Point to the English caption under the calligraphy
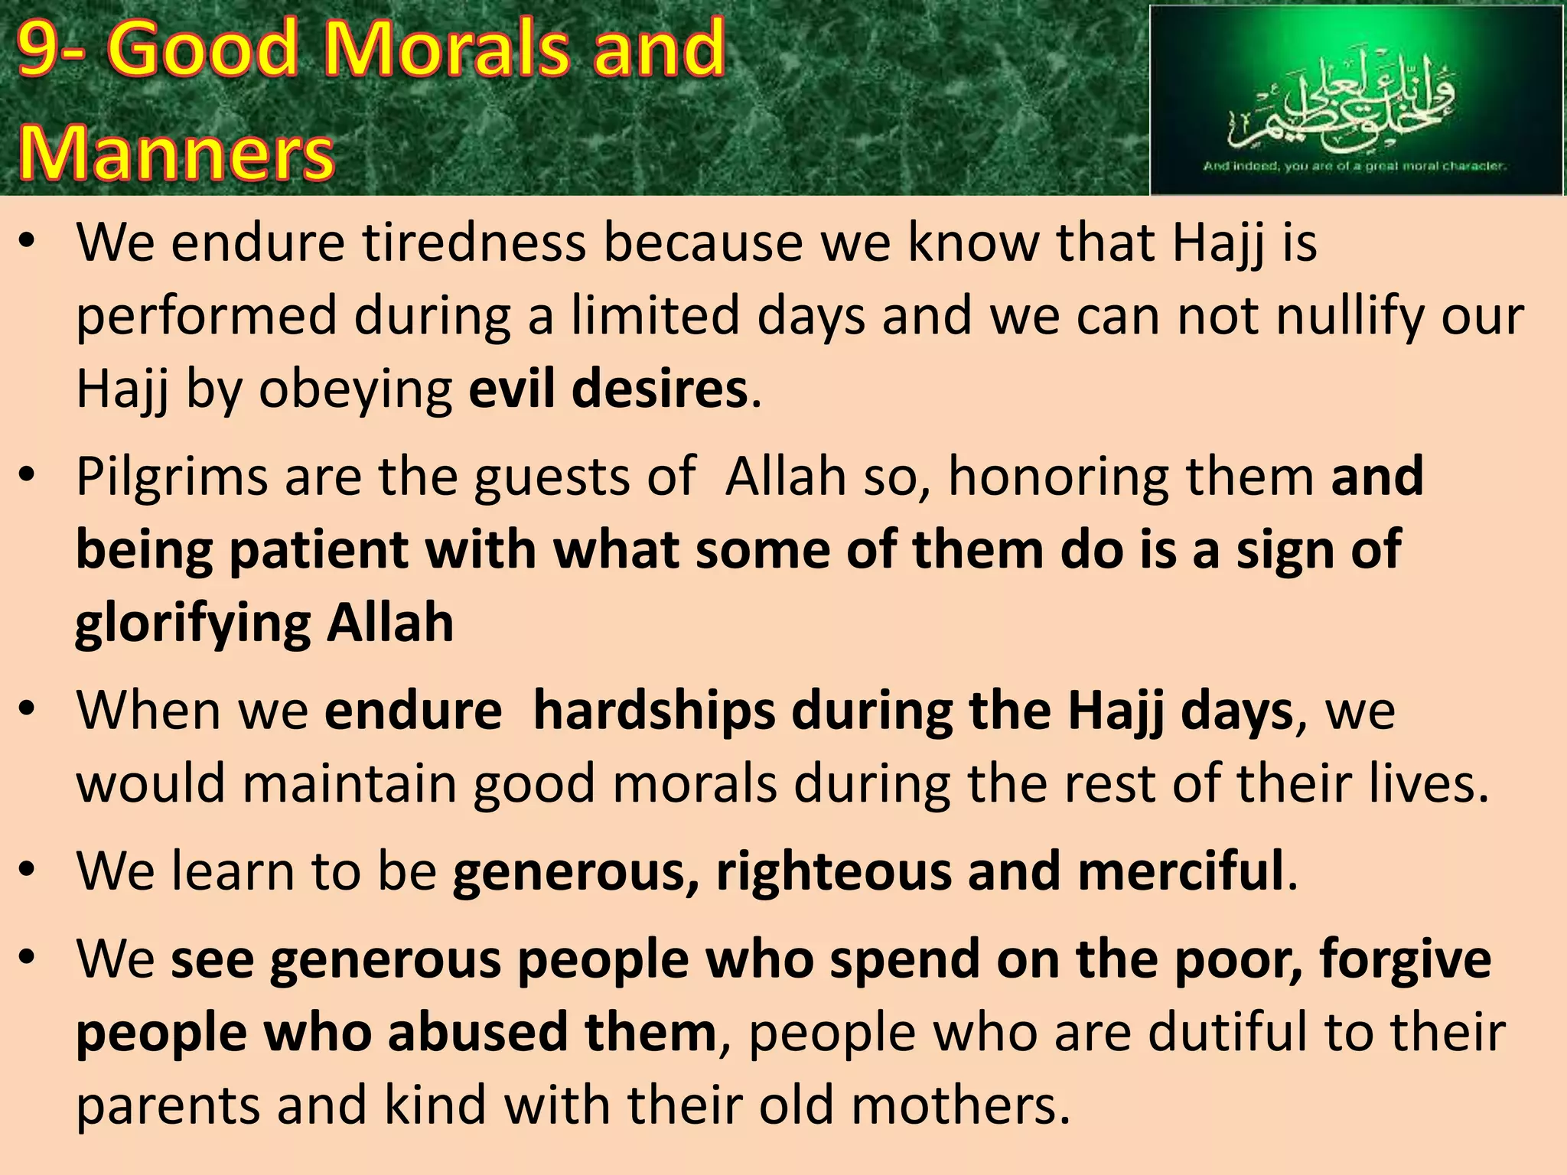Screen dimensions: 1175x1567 click(x=1354, y=165)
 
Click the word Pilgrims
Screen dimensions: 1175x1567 click(x=173, y=477)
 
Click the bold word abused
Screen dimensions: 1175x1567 click(x=477, y=1032)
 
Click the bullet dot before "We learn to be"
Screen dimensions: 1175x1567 click(x=28, y=869)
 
